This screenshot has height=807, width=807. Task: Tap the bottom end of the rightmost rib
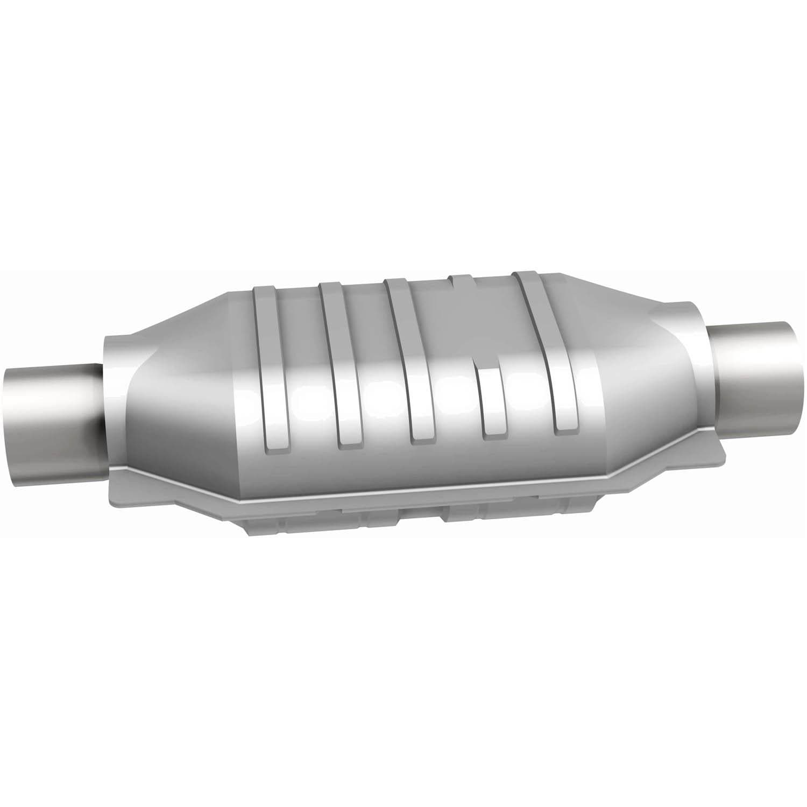coord(568,425)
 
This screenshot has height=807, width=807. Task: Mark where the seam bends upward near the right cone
coord(619,476)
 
